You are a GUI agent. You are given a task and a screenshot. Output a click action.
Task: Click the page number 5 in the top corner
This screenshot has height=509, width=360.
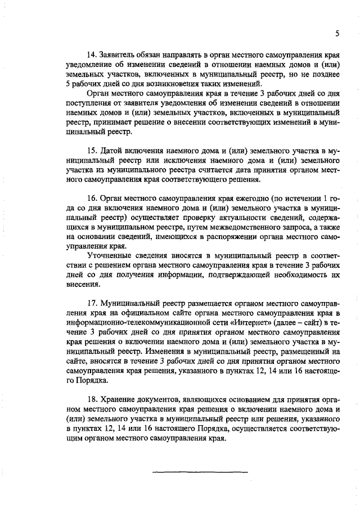click(336, 33)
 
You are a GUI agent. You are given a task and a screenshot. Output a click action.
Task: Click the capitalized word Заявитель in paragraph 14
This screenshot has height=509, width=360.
click(119, 56)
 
